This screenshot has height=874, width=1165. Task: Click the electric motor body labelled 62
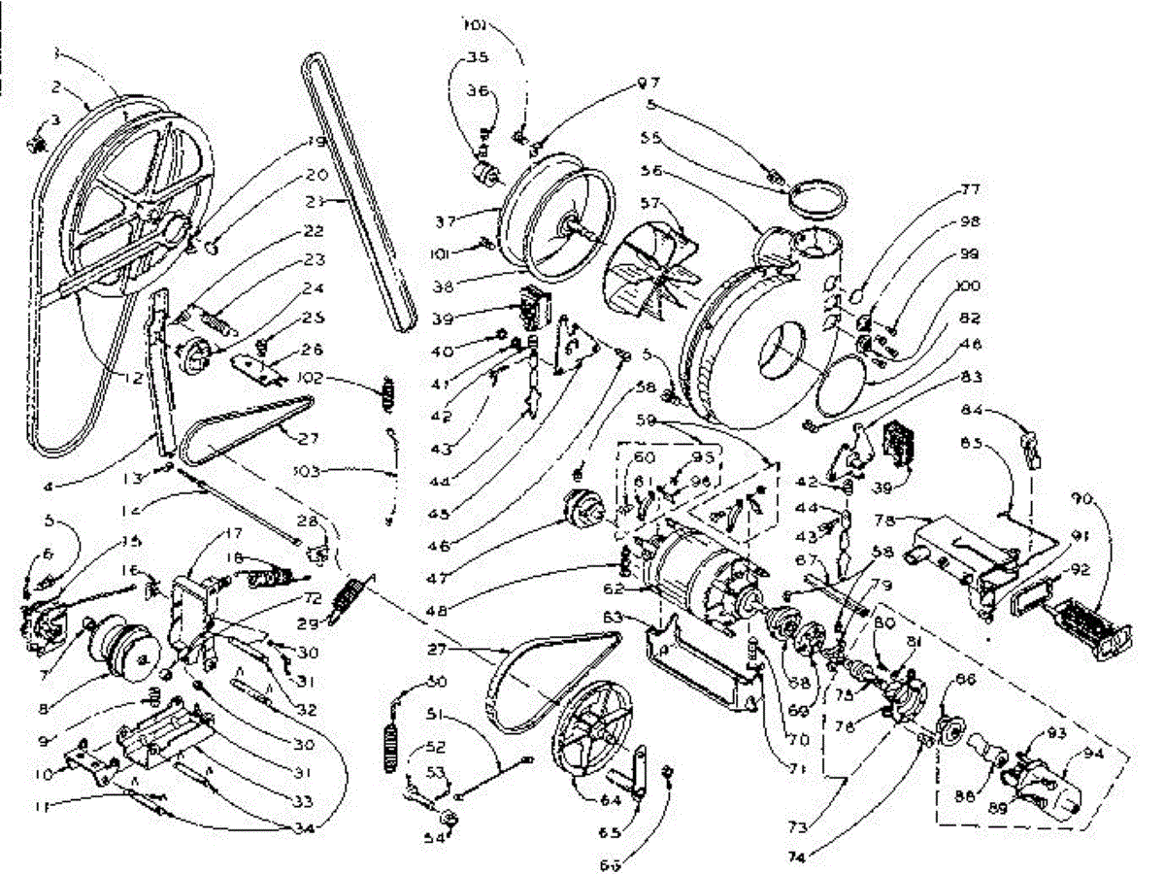[x=699, y=573]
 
